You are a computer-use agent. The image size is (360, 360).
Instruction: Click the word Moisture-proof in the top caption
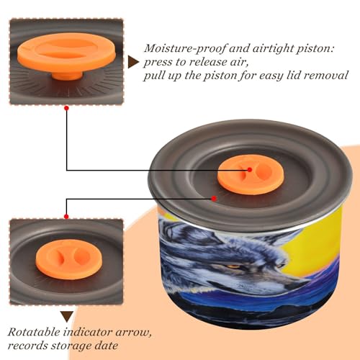(x=184, y=49)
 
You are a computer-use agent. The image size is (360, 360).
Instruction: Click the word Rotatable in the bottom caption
(x=34, y=333)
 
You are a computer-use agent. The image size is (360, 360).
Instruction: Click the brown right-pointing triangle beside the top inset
(x=133, y=62)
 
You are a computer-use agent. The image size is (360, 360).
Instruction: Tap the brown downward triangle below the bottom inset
(x=67, y=316)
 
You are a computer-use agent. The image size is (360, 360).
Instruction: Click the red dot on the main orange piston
(x=250, y=170)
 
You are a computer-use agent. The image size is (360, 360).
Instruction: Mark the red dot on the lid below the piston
(x=214, y=199)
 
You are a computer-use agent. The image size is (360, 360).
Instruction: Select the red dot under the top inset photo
(x=66, y=108)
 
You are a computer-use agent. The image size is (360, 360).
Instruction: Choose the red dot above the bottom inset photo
(x=66, y=217)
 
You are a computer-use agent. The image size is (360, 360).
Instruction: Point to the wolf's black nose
(x=297, y=285)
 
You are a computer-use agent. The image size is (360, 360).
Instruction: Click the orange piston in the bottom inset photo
(x=68, y=259)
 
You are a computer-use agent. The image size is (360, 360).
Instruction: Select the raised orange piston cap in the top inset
(x=67, y=53)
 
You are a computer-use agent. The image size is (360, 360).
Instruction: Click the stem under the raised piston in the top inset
(x=67, y=75)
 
